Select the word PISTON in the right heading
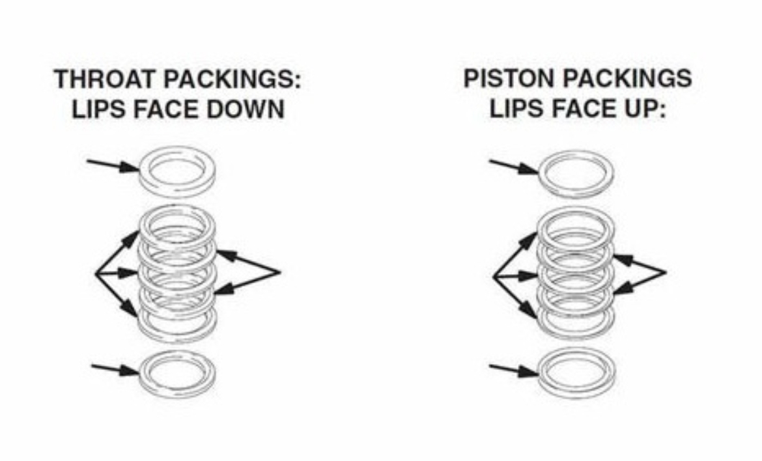[x=508, y=79]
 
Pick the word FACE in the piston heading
[x=572, y=108]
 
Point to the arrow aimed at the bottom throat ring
[x=115, y=370]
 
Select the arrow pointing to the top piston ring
[x=514, y=167]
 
